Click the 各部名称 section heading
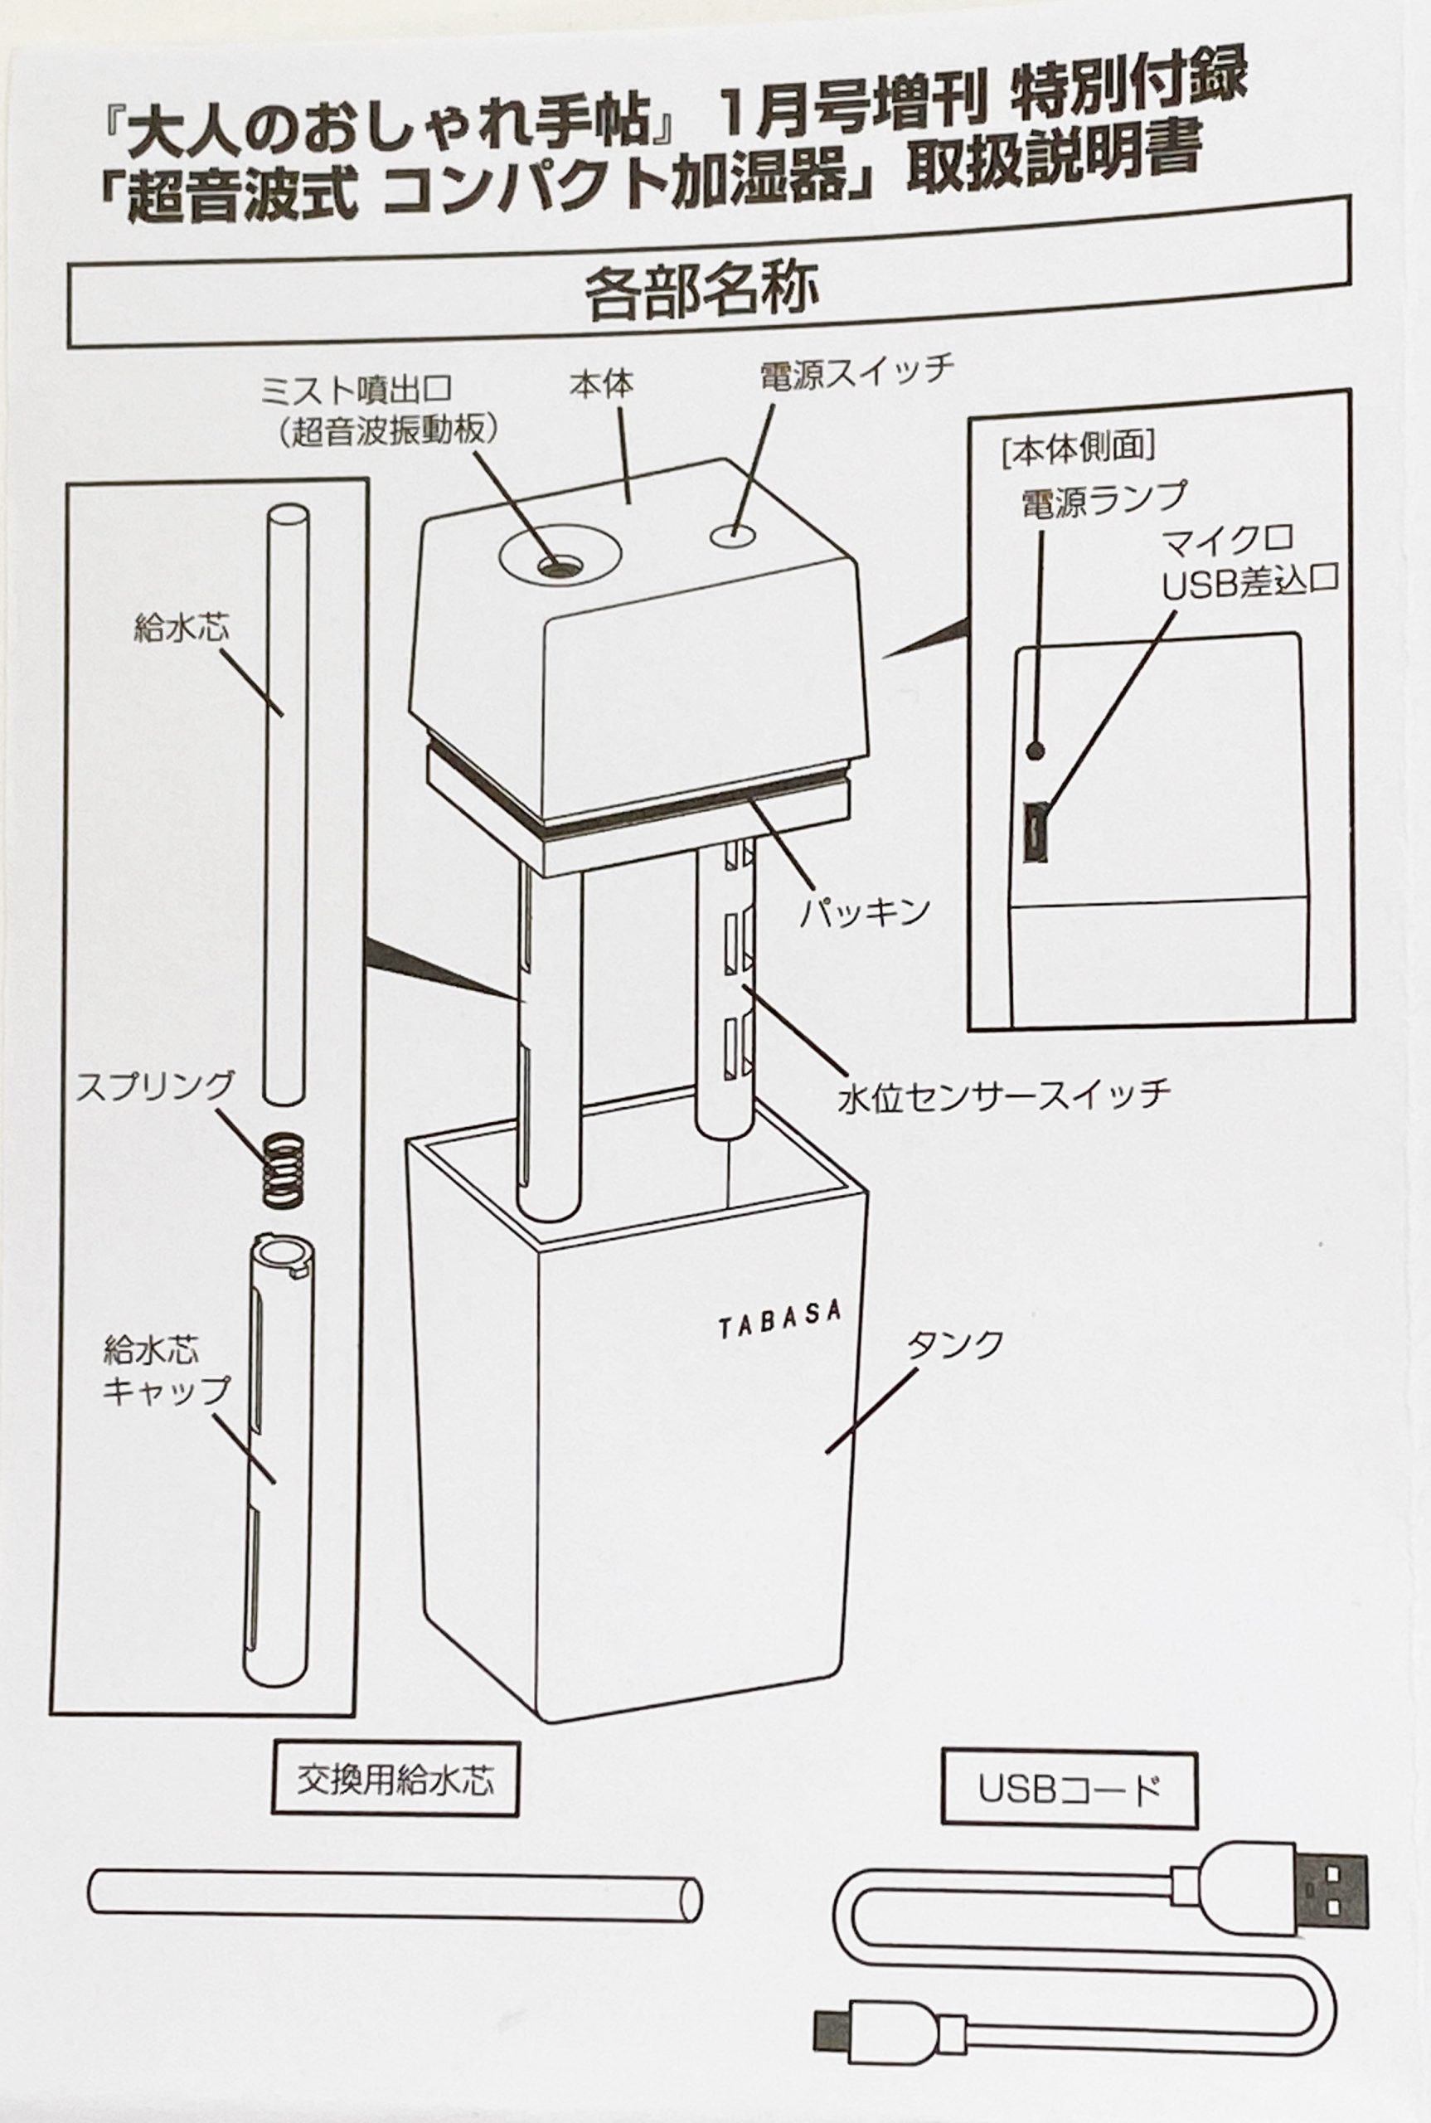tap(701, 291)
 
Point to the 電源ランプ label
tap(1104, 500)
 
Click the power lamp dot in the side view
tap(1035, 751)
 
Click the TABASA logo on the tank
tap(779, 1321)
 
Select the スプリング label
tap(155, 1089)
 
